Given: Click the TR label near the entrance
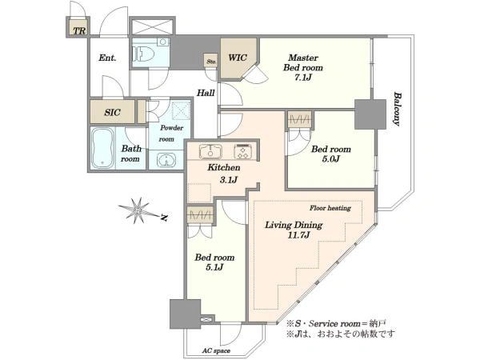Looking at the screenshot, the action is coord(79,30).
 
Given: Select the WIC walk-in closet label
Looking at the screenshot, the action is coord(238,58).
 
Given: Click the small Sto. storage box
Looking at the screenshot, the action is coord(211,61).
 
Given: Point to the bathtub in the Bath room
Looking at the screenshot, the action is coord(102,148).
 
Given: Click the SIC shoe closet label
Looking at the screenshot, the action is coord(112,112).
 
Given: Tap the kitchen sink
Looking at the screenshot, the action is coord(210,151).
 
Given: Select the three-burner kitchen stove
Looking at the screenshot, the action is coord(244,151).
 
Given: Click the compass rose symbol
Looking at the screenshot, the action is coord(138,210).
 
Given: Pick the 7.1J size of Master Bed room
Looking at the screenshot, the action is coord(302,77).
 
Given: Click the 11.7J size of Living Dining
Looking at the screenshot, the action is coord(298,234).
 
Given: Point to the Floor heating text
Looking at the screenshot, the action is coord(330,208).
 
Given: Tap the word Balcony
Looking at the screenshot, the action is coord(397,109).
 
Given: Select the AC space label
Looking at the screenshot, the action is coord(216,351).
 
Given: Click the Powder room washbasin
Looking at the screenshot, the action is coord(166,160).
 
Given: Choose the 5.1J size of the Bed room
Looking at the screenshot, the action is coord(214,267).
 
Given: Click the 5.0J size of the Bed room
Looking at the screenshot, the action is coord(330,159).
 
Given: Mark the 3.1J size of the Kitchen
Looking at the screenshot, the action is coord(229,180).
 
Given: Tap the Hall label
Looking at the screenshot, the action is coord(206,93).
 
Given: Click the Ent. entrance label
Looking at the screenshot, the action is coord(107,58).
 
